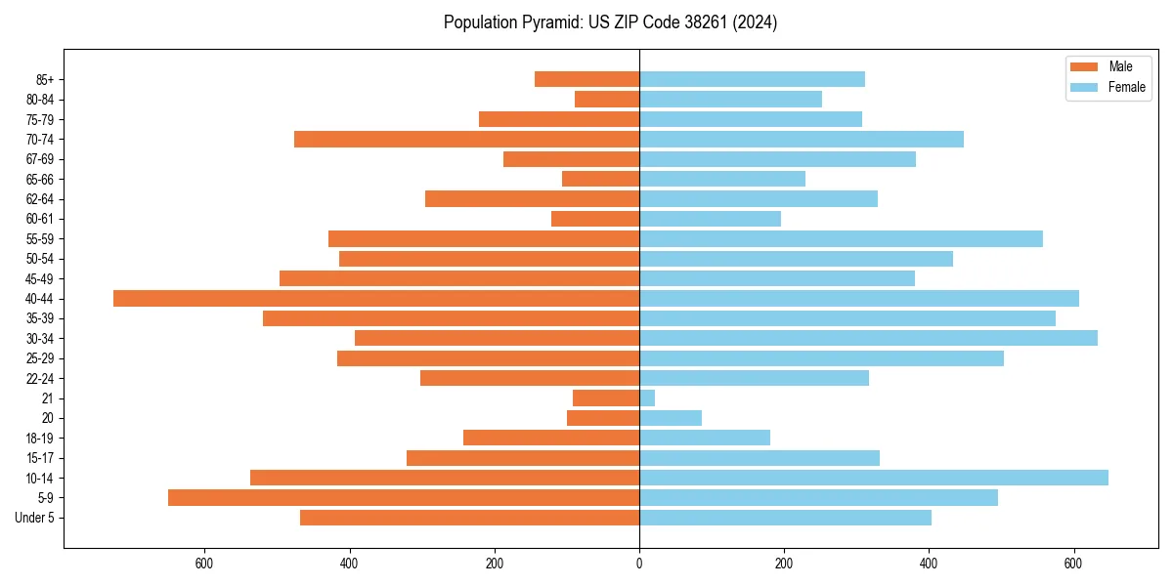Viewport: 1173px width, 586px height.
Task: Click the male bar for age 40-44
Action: point(376,298)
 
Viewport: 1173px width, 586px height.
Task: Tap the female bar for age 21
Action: point(647,398)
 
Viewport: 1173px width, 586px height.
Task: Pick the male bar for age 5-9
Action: point(404,497)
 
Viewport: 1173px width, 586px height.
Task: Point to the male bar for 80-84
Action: point(607,99)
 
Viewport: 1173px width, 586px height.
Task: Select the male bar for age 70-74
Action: point(466,139)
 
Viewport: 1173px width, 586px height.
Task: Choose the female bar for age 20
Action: point(671,418)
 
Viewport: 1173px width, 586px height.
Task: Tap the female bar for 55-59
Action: point(841,238)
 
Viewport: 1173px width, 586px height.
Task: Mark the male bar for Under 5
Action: point(469,518)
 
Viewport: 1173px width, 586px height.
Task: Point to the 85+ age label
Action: point(44,79)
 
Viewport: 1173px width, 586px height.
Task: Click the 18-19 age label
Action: point(40,438)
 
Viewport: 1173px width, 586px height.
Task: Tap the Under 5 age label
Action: point(35,518)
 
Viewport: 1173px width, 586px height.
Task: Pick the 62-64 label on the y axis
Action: point(40,198)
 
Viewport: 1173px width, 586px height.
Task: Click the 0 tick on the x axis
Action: point(639,564)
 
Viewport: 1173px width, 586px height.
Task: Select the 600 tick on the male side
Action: point(204,564)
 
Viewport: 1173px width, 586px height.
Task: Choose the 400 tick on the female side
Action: point(929,564)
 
